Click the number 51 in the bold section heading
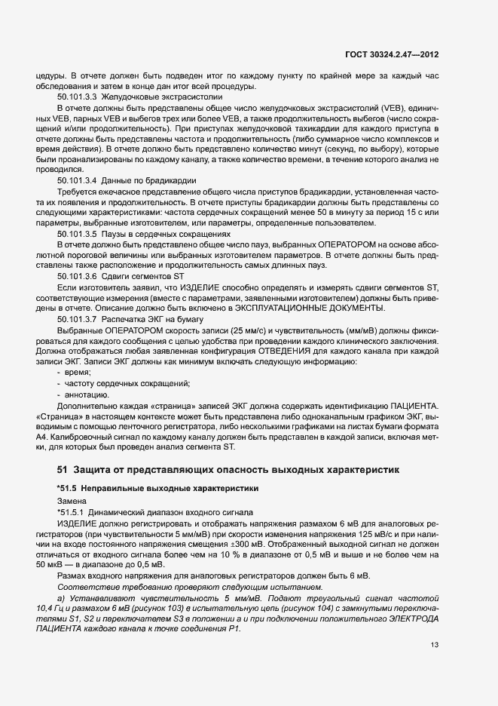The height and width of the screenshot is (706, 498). point(63,470)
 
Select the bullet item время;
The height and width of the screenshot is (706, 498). point(78,373)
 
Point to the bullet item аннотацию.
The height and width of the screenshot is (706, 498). point(85,394)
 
